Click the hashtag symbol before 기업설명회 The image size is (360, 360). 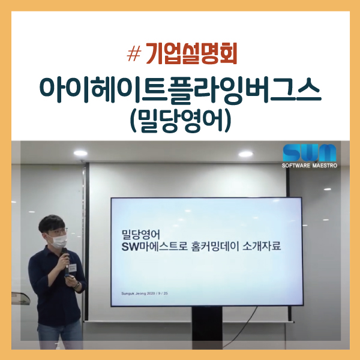[x=134, y=55]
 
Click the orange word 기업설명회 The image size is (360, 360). [x=190, y=55]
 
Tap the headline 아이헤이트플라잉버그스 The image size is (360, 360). [x=180, y=89]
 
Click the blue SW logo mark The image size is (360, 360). [x=310, y=152]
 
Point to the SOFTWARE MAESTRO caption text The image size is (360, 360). [x=310, y=165]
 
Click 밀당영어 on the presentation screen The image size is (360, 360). [x=140, y=232]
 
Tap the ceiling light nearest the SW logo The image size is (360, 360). [x=245, y=154]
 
